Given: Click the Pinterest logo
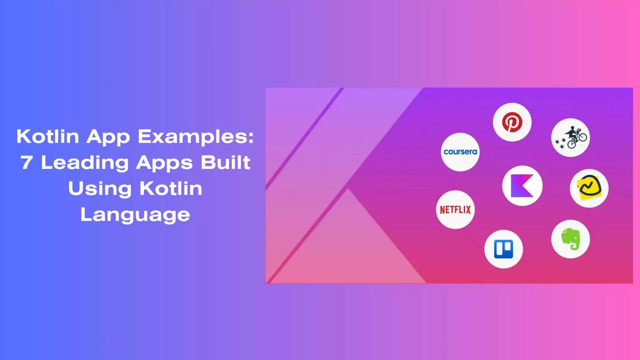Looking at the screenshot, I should (x=512, y=122).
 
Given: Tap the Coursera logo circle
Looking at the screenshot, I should (x=460, y=152).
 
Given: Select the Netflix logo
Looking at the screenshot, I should (x=455, y=210).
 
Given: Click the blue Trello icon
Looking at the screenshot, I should (x=503, y=249).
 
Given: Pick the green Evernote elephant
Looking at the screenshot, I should (x=571, y=239).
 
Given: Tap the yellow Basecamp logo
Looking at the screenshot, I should (x=589, y=188).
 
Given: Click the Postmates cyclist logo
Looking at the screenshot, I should (x=571, y=138).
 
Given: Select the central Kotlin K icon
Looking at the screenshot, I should (x=522, y=186).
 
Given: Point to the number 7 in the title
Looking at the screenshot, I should (x=27, y=163).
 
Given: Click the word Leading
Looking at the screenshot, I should (x=85, y=163).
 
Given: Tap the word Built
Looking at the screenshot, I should (x=225, y=163).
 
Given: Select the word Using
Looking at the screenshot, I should (x=100, y=189).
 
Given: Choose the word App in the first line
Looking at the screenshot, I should (x=108, y=137).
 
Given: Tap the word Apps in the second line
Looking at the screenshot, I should (x=164, y=163).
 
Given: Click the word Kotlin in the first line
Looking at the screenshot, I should (x=48, y=137).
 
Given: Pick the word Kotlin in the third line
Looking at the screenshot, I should (x=171, y=189).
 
